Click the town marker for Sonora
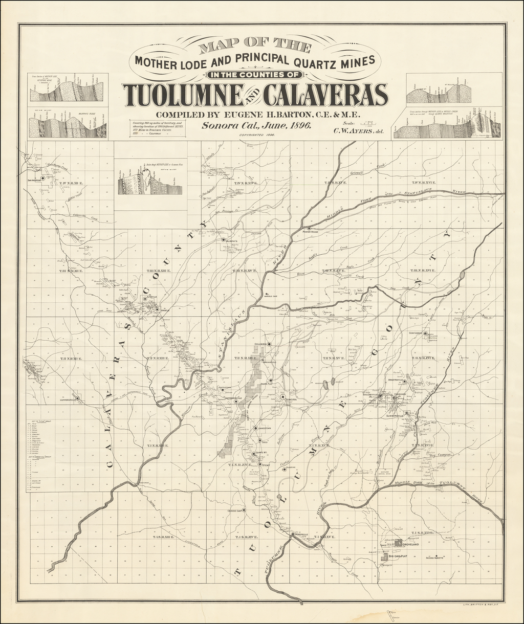tap(282, 396)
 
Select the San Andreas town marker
tap(43, 178)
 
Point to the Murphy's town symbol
tap(223, 239)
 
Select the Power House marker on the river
tap(309, 228)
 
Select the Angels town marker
tap(157, 308)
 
